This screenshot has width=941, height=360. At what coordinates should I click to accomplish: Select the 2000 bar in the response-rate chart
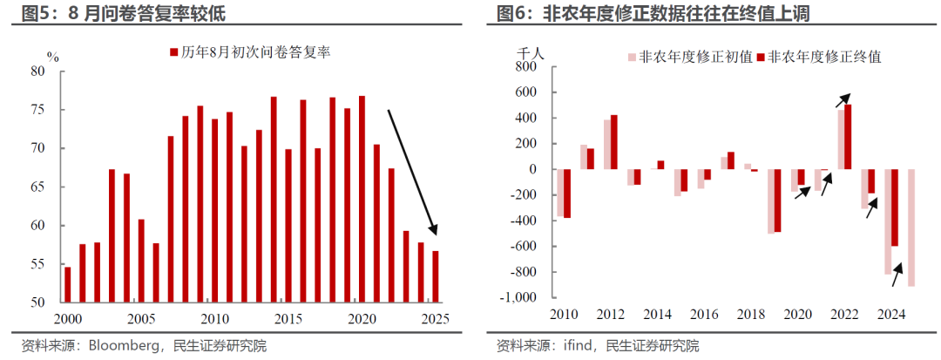coord(68,285)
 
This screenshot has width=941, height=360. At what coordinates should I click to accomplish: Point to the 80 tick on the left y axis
coord(37,71)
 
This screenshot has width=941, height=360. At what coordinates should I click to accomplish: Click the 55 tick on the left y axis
coord(37,264)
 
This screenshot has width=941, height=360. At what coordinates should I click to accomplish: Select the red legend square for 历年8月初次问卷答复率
coord(174,55)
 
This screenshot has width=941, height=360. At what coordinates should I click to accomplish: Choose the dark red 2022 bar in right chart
coord(848,137)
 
